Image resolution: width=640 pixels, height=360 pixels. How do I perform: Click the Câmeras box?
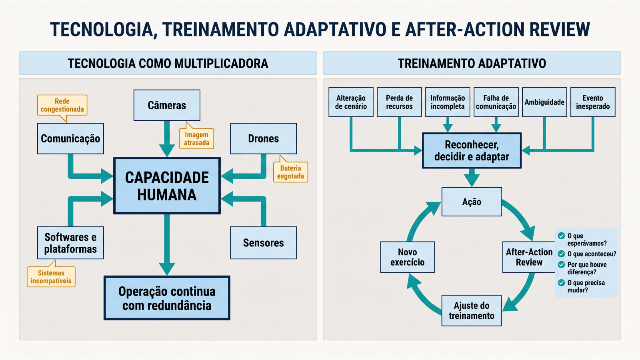pos(167,105)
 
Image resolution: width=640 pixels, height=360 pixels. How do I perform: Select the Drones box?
pos(264,138)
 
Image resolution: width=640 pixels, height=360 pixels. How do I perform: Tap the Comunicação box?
pos(70,138)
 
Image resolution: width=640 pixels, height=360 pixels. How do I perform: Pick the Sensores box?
pos(264,243)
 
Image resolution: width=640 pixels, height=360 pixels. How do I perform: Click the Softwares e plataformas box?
pos(70,243)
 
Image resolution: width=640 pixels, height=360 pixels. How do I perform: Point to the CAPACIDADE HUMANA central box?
pos(167,186)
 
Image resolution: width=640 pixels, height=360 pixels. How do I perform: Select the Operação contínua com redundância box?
pos(167,298)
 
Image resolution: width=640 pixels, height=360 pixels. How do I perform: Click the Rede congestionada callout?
pos(62,105)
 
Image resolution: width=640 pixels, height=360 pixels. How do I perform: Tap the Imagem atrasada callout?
pos(196,138)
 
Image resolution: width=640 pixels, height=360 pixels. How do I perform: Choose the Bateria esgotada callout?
pos(290,172)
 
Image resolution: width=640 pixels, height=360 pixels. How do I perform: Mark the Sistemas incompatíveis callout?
pos(51,276)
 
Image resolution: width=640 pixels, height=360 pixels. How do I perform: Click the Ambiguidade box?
pos(544,102)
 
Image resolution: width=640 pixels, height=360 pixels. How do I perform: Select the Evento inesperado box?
pos(593,102)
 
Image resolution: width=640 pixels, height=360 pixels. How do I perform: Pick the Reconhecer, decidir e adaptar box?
pos(472,150)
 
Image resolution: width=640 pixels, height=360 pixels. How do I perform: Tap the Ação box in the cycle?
pos(472,202)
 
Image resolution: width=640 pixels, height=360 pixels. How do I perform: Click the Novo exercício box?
pos(408,257)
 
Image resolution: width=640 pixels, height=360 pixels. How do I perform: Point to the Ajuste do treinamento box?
pos(472,310)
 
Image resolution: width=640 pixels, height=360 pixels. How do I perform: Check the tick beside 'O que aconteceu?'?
pos(562,254)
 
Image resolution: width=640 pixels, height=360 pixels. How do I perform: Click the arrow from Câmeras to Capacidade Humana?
pos(167,139)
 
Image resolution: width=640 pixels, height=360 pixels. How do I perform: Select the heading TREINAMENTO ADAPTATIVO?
pos(472,64)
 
